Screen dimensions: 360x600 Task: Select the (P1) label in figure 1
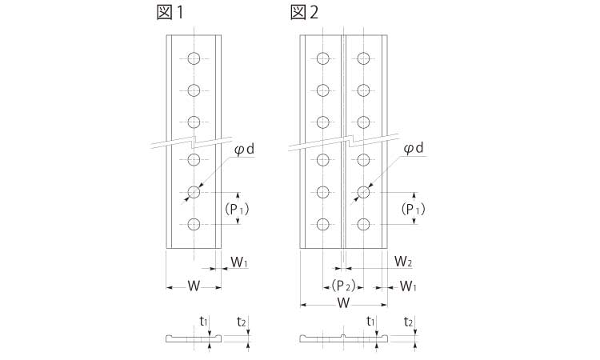(237, 209)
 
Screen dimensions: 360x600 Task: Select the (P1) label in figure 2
(413, 209)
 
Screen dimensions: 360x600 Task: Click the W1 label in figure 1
(240, 262)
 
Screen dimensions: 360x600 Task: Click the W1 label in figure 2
(408, 286)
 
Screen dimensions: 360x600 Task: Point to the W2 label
(404, 262)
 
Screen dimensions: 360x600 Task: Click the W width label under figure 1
(193, 286)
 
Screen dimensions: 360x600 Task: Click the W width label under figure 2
(343, 304)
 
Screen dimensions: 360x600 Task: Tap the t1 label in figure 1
(203, 321)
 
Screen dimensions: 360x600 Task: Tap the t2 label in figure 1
(242, 321)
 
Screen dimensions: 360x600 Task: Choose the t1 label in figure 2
(370, 321)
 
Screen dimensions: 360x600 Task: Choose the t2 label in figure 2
(408, 321)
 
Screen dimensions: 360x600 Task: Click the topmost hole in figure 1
(194, 58)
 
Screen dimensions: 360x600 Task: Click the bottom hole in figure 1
(194, 225)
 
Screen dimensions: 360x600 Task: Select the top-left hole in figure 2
(322, 58)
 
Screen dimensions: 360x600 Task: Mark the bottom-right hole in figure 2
(364, 225)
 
